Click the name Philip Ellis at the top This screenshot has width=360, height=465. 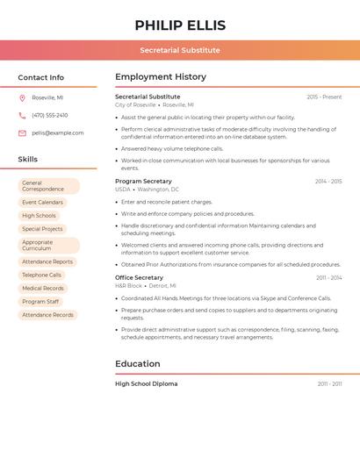180,25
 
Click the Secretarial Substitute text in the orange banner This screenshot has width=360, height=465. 180,50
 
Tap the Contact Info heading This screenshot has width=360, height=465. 41,77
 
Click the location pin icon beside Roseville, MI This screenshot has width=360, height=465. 22,97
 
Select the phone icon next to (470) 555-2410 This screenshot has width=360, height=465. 22,115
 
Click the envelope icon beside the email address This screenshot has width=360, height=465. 22,133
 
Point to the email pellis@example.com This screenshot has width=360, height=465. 58,133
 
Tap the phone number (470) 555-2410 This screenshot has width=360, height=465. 50,115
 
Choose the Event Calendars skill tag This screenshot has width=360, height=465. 42,203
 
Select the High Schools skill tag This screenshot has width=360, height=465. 39,216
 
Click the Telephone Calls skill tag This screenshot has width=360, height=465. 42,275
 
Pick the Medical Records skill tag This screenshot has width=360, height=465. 43,288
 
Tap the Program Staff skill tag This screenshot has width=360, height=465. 40,301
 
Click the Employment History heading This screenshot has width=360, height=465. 161,77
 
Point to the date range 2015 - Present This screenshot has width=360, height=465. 324,97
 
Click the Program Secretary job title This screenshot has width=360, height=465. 143,181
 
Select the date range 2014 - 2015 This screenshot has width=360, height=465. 328,182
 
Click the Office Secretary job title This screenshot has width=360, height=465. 139,277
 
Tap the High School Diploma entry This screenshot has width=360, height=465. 146,383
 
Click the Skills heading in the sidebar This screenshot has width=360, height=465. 28,160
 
